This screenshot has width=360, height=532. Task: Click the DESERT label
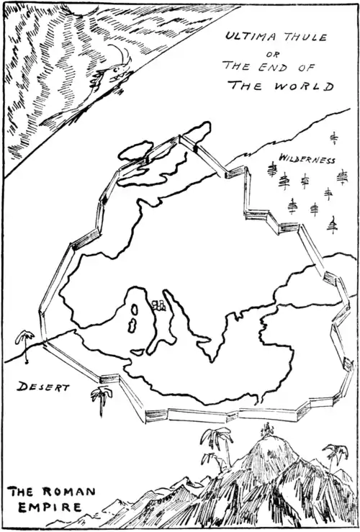[x=44, y=387]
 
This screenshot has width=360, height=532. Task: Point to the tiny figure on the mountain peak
[x=269, y=429]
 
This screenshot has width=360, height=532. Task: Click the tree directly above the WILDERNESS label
[x=333, y=137]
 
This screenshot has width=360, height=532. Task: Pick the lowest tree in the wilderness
[x=332, y=226]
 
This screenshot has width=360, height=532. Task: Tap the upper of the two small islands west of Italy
[x=135, y=310]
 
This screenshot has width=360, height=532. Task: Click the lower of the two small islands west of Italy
[x=134, y=325]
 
